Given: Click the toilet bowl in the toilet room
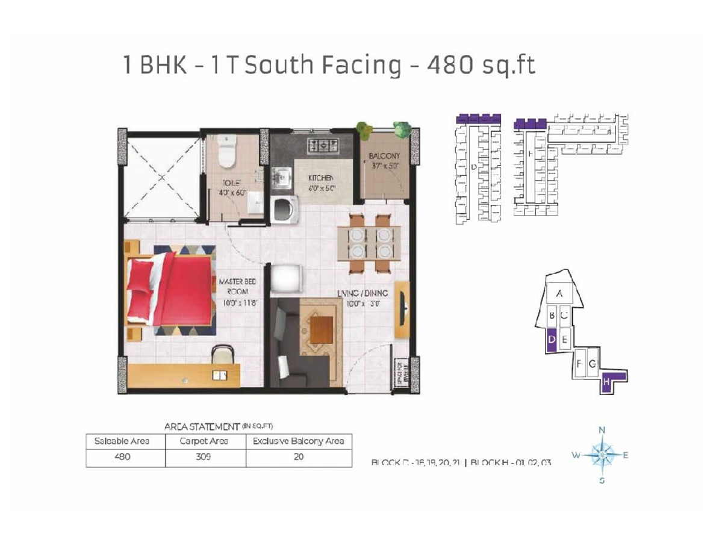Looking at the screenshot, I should click(x=226, y=151).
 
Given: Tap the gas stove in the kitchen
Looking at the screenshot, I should click(x=324, y=145).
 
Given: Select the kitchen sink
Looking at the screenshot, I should click(x=279, y=176).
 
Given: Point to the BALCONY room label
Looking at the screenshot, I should click(x=384, y=156).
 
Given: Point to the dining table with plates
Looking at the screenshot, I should click(x=369, y=242).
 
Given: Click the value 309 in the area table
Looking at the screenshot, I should click(x=204, y=456).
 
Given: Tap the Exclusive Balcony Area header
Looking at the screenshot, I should click(x=298, y=441).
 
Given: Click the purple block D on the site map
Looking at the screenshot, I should click(x=551, y=341).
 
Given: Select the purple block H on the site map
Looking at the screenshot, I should click(x=608, y=382).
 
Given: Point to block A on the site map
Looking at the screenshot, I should click(x=559, y=294).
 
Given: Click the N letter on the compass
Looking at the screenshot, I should click(x=601, y=429).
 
